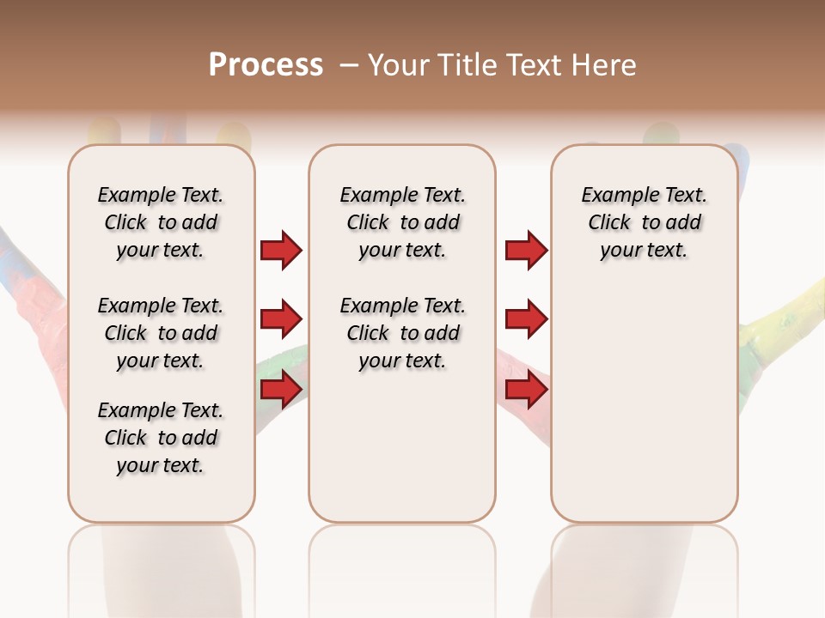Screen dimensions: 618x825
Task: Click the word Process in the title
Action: coord(266,65)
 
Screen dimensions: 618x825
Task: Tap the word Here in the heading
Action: coord(605,65)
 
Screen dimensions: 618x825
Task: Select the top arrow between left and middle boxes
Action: coord(281,251)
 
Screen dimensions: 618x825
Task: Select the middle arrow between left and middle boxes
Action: coord(281,320)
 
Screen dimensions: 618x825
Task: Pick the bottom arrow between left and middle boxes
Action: coord(281,390)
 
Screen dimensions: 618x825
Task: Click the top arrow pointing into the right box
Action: coord(526,251)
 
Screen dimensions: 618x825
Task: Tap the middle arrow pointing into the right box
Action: coord(526,320)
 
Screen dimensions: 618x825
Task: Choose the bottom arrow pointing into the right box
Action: coord(526,390)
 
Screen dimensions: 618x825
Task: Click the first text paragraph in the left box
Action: coord(161,222)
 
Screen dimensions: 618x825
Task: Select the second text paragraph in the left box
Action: coord(161,333)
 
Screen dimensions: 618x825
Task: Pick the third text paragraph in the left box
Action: coord(161,438)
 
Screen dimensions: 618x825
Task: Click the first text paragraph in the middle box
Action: coord(402,222)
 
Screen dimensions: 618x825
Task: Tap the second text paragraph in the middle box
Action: coord(402,333)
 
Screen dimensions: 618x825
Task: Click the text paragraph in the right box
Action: coord(644,222)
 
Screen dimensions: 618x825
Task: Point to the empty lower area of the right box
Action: coord(644,412)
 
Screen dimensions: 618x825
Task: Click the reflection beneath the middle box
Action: coord(402,566)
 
